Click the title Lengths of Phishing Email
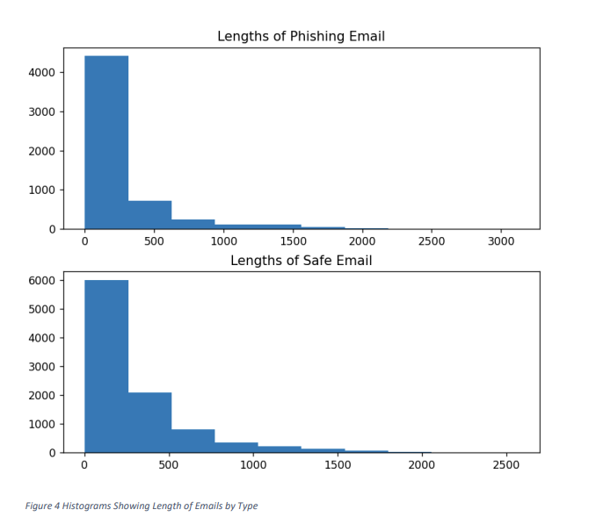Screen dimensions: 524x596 301,36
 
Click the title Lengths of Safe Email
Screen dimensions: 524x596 301,261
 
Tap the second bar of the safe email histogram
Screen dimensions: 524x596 149,422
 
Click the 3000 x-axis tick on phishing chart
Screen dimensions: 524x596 500,241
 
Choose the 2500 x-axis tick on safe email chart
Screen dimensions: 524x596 505,465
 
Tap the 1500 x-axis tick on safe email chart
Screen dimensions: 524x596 337,465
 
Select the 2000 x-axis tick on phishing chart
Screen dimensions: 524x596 361,241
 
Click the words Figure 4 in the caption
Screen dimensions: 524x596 41,506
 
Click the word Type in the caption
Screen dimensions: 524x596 247,506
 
